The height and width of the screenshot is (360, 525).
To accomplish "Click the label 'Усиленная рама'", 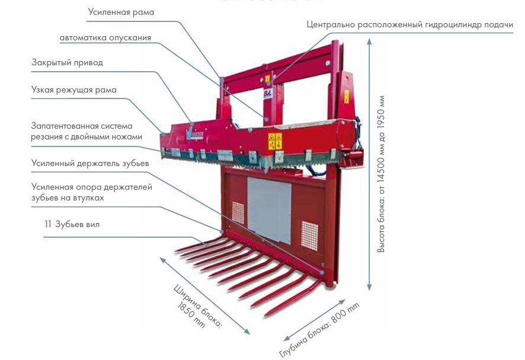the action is [x=121, y=12].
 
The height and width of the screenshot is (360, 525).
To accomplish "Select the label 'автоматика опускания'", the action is [x=105, y=38].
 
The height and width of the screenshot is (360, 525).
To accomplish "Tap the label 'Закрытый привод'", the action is [x=68, y=63].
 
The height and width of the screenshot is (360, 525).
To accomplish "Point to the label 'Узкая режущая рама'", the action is [x=74, y=90].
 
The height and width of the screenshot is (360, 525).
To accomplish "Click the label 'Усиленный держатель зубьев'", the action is [x=90, y=163].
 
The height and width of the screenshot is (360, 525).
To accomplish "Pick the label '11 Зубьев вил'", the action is [x=72, y=224].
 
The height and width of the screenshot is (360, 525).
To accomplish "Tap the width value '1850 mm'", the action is [x=191, y=314].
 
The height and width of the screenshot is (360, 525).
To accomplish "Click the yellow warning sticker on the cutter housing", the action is [x=275, y=141].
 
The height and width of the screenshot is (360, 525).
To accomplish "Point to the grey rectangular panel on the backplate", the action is [x=269, y=210].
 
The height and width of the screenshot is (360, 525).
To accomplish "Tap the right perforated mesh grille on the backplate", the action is [x=309, y=235].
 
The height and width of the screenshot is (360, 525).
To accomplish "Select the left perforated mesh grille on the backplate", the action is [x=238, y=212].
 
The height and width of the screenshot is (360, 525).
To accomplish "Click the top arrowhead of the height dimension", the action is [x=369, y=41].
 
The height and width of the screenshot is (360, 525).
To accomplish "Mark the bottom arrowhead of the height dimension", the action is [x=369, y=287].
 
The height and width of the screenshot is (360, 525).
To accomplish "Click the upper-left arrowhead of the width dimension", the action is [x=162, y=260].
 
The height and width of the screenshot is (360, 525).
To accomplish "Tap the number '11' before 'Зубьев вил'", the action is [x=48, y=224].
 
